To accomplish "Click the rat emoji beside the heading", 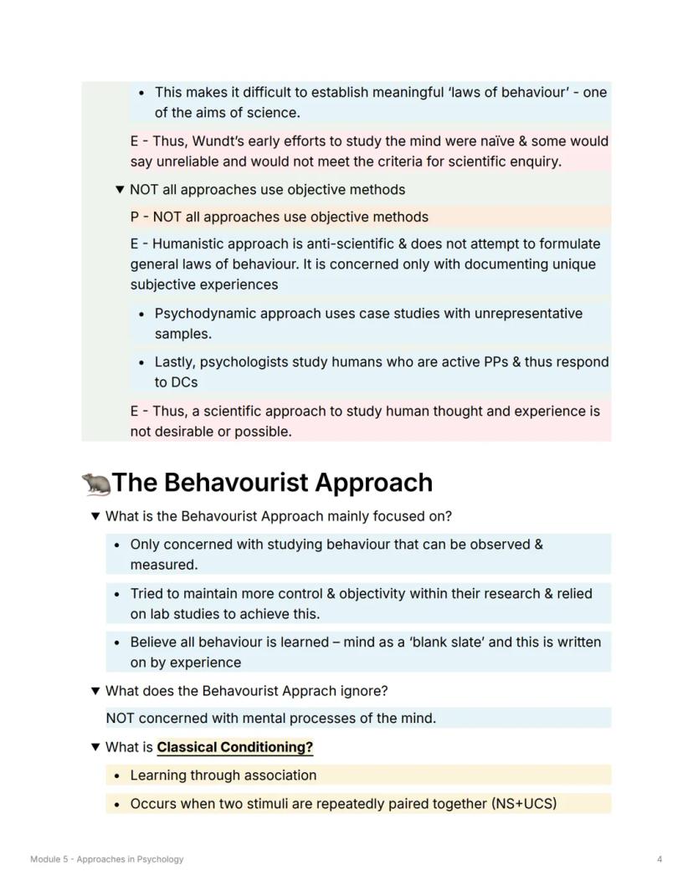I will click(x=95, y=484).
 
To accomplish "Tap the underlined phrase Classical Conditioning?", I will click(x=234, y=747).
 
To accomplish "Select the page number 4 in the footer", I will click(x=660, y=859).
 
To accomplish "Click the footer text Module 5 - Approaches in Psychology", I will click(x=106, y=859).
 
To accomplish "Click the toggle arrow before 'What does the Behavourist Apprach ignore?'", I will click(x=95, y=691).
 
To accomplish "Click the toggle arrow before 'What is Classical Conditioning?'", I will click(x=95, y=747).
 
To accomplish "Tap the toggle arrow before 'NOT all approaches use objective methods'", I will click(x=120, y=190).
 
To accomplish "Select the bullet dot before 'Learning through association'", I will click(x=118, y=776).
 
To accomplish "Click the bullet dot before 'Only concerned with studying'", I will click(x=118, y=545).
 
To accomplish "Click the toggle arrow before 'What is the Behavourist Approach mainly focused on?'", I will click(x=95, y=516).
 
